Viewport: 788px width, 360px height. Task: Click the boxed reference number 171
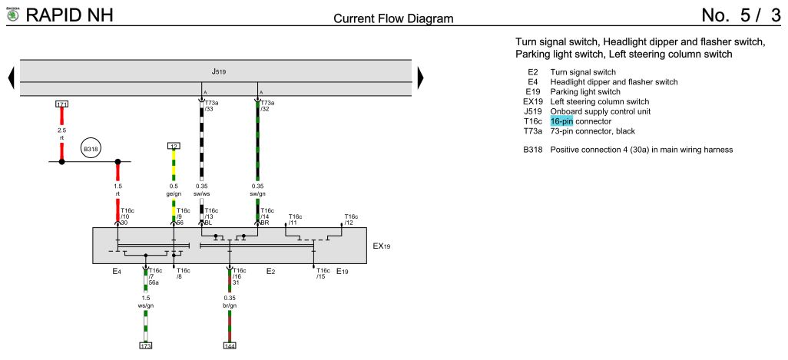61,104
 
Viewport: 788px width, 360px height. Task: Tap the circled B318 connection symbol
90,149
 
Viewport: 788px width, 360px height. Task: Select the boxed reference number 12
174,146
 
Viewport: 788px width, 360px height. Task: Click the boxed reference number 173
146,345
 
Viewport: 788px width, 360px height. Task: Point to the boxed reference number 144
229,345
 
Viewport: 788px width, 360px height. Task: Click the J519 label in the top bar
218,72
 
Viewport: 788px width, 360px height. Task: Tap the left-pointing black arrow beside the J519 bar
11,78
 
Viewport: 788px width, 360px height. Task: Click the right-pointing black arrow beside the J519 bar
421,78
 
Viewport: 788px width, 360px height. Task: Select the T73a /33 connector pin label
211,105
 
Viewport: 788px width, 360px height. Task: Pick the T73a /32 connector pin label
267,105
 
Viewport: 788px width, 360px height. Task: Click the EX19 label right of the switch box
382,246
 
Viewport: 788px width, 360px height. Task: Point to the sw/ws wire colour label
201,193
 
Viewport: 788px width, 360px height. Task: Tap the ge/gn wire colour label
174,193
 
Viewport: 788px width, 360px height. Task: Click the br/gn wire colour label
230,306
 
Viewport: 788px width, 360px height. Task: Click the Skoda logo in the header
12,15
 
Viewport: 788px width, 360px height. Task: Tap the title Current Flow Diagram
393,18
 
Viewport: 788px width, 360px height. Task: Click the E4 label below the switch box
117,272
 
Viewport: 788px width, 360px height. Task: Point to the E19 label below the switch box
343,272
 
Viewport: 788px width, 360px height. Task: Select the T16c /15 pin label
323,273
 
